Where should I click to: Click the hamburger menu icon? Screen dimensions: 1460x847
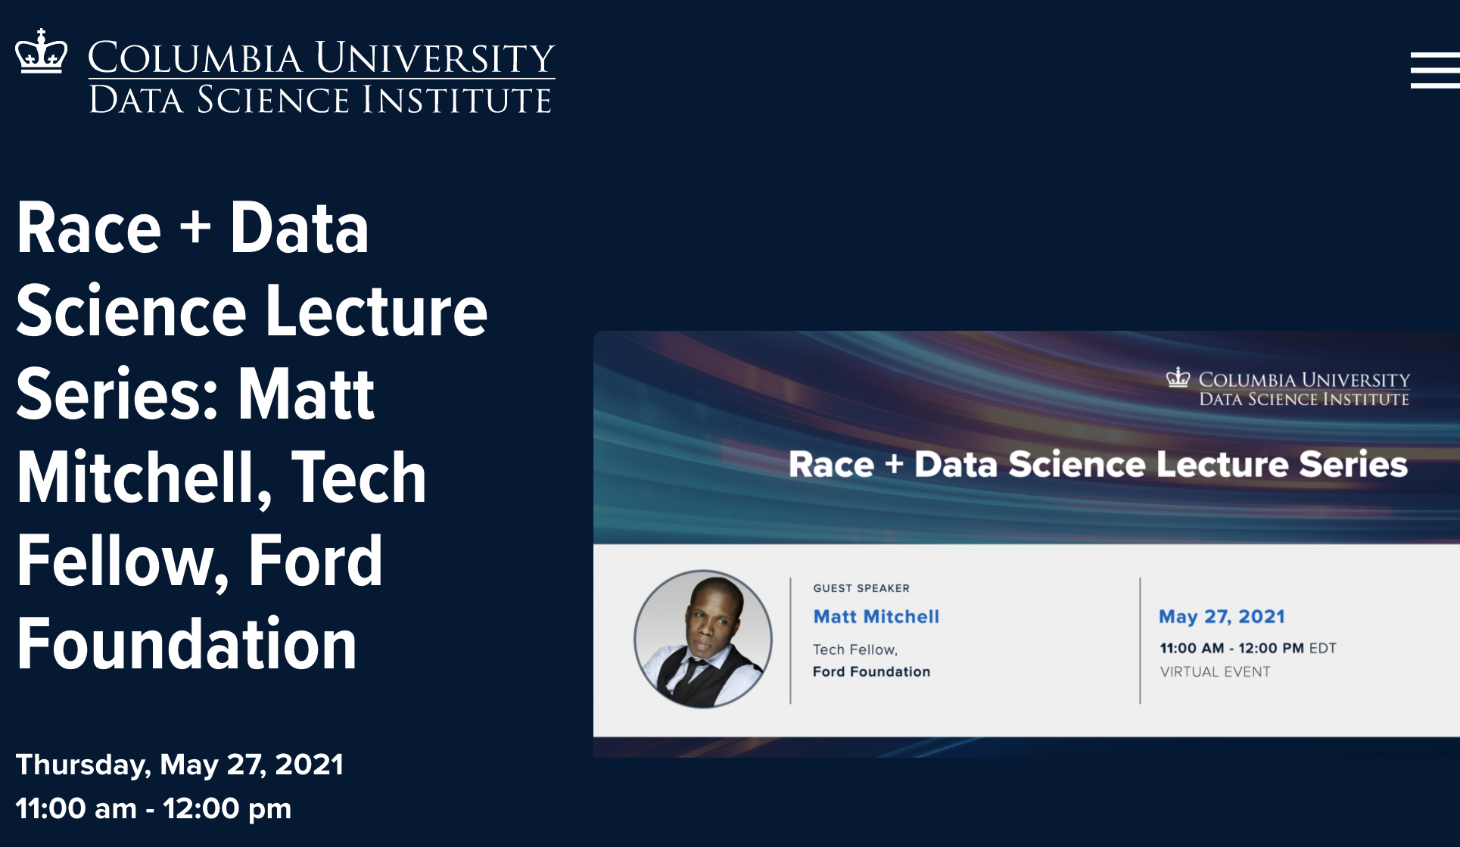coord(1435,70)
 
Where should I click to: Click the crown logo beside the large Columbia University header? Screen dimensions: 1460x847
coord(42,51)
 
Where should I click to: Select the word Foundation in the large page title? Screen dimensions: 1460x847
coord(187,644)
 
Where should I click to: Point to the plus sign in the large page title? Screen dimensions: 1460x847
coord(196,227)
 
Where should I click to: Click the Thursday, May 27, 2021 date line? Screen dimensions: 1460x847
coord(180,765)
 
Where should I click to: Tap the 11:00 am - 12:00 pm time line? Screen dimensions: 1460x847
coord(154,808)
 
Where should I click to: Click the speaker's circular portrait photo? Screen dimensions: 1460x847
coord(703,640)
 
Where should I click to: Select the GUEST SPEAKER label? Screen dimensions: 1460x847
coord(861,588)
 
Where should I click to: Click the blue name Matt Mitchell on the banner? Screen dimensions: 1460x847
coord(876,617)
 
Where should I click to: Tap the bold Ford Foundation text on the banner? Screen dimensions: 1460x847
coord(872,671)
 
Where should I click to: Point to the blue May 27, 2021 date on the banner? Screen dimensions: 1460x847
coord(1222,617)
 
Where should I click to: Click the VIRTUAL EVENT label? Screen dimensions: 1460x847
coord(1215,671)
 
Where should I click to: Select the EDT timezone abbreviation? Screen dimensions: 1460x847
coord(1323,648)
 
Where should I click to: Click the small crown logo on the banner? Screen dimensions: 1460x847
coord(1178,377)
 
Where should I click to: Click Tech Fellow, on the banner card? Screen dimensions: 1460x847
coord(855,649)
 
